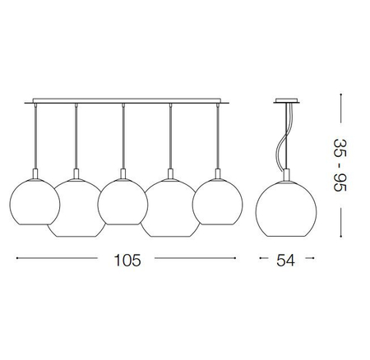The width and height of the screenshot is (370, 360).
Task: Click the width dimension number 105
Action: pyautogui.click(x=127, y=260)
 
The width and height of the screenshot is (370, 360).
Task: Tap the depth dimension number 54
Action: pyautogui.click(x=285, y=260)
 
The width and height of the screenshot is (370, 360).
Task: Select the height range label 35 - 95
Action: pyautogui.click(x=340, y=165)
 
